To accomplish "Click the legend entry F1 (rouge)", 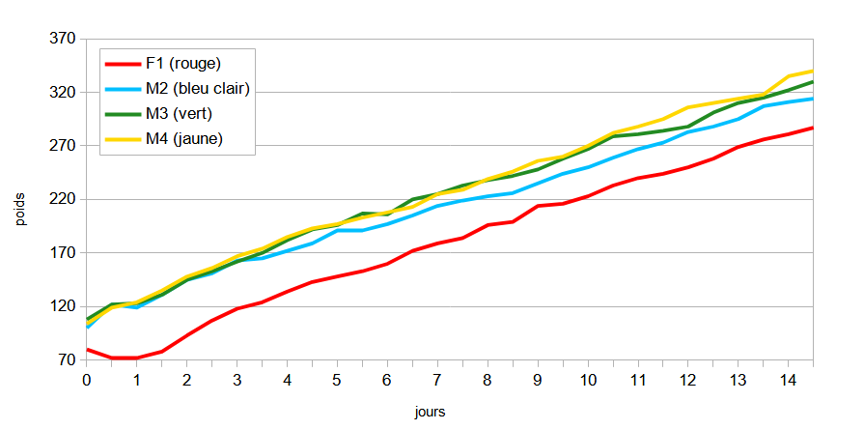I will click(x=183, y=64).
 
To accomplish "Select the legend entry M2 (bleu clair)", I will click(x=198, y=89).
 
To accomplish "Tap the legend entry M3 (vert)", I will click(x=179, y=114).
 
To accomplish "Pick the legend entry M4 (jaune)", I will click(x=184, y=139).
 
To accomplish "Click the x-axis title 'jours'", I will click(x=430, y=412).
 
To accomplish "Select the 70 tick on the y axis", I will click(x=66, y=360).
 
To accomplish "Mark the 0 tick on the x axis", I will click(x=87, y=380).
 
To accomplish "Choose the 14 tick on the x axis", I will click(x=788, y=380).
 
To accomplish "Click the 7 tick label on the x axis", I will click(x=437, y=380).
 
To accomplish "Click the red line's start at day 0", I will click(x=87, y=350).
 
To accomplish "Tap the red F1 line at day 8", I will click(x=488, y=225).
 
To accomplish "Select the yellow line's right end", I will click(x=813, y=71).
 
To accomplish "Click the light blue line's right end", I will click(x=813, y=99).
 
